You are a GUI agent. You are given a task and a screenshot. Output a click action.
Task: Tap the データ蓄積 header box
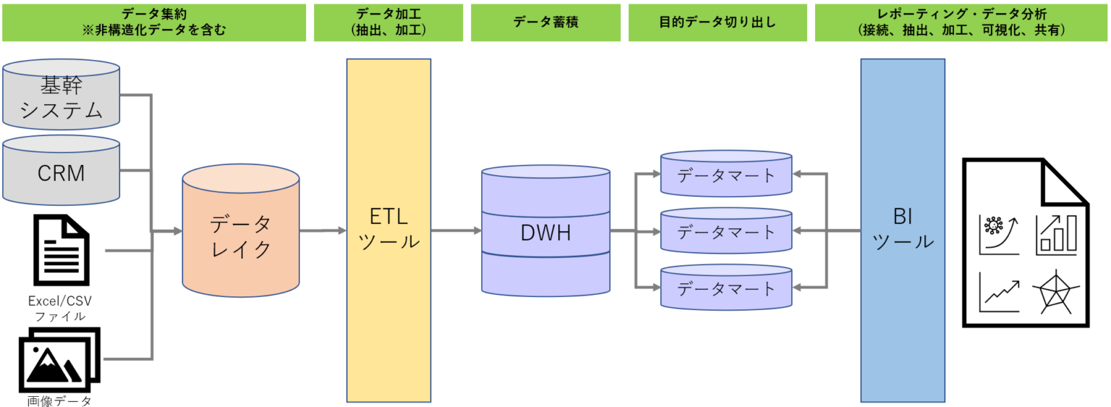pos(545,22)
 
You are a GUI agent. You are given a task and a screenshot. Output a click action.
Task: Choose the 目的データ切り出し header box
pos(718,22)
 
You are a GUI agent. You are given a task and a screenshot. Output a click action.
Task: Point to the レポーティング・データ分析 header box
pos(961,22)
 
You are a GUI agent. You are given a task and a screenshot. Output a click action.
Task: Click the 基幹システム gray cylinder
pos(61,97)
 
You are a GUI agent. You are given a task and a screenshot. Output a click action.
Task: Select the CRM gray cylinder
pos(61,172)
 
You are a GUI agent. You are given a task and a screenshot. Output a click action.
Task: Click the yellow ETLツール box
pos(389,230)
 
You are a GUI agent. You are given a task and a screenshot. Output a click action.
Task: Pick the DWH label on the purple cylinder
pos(545,233)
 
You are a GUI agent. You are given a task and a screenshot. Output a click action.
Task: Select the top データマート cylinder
pos(726,175)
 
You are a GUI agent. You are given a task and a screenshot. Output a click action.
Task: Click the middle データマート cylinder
pos(726,232)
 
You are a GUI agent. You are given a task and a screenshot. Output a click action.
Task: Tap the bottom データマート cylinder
pos(726,288)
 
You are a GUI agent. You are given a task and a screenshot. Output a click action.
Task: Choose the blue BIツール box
pos(903,230)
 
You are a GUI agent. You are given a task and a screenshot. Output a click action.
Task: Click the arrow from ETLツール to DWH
pos(456,231)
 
